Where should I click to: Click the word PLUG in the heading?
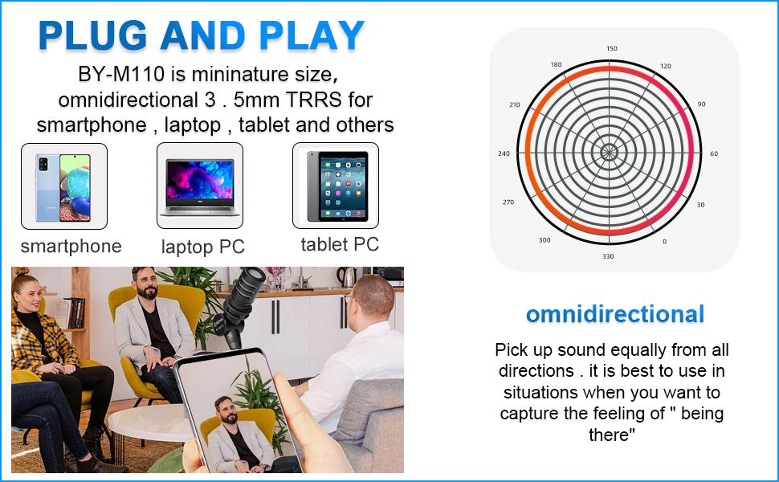92,36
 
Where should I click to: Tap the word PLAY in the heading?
312,36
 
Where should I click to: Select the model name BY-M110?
121,74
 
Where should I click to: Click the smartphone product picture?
63,187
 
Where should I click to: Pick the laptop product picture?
200,187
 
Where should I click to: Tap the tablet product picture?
336,186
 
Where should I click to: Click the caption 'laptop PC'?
202,247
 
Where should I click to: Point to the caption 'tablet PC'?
340,244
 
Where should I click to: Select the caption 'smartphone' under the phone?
71,247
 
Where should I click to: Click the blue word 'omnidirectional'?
615,314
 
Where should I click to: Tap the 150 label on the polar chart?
612,49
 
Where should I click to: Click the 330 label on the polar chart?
608,256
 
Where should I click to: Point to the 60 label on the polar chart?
714,153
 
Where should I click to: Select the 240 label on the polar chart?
504,153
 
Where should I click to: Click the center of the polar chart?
609,152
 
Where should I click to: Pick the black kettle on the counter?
346,277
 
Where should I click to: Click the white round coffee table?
149,423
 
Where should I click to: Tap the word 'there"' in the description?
612,435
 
